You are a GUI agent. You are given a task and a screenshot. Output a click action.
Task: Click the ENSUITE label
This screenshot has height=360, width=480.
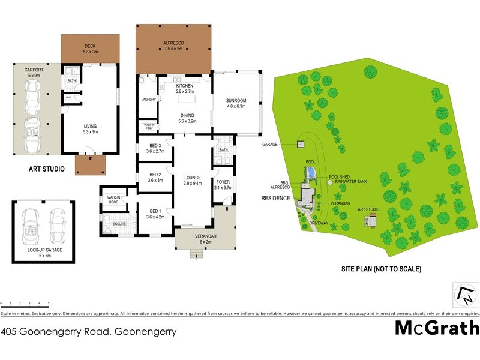(x=120, y=224)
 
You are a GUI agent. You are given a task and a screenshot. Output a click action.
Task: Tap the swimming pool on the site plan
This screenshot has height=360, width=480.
(x=310, y=173)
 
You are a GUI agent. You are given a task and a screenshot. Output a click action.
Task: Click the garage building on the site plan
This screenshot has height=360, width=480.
(x=300, y=144)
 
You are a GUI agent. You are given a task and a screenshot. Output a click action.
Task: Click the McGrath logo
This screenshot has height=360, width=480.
(x=437, y=328)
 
